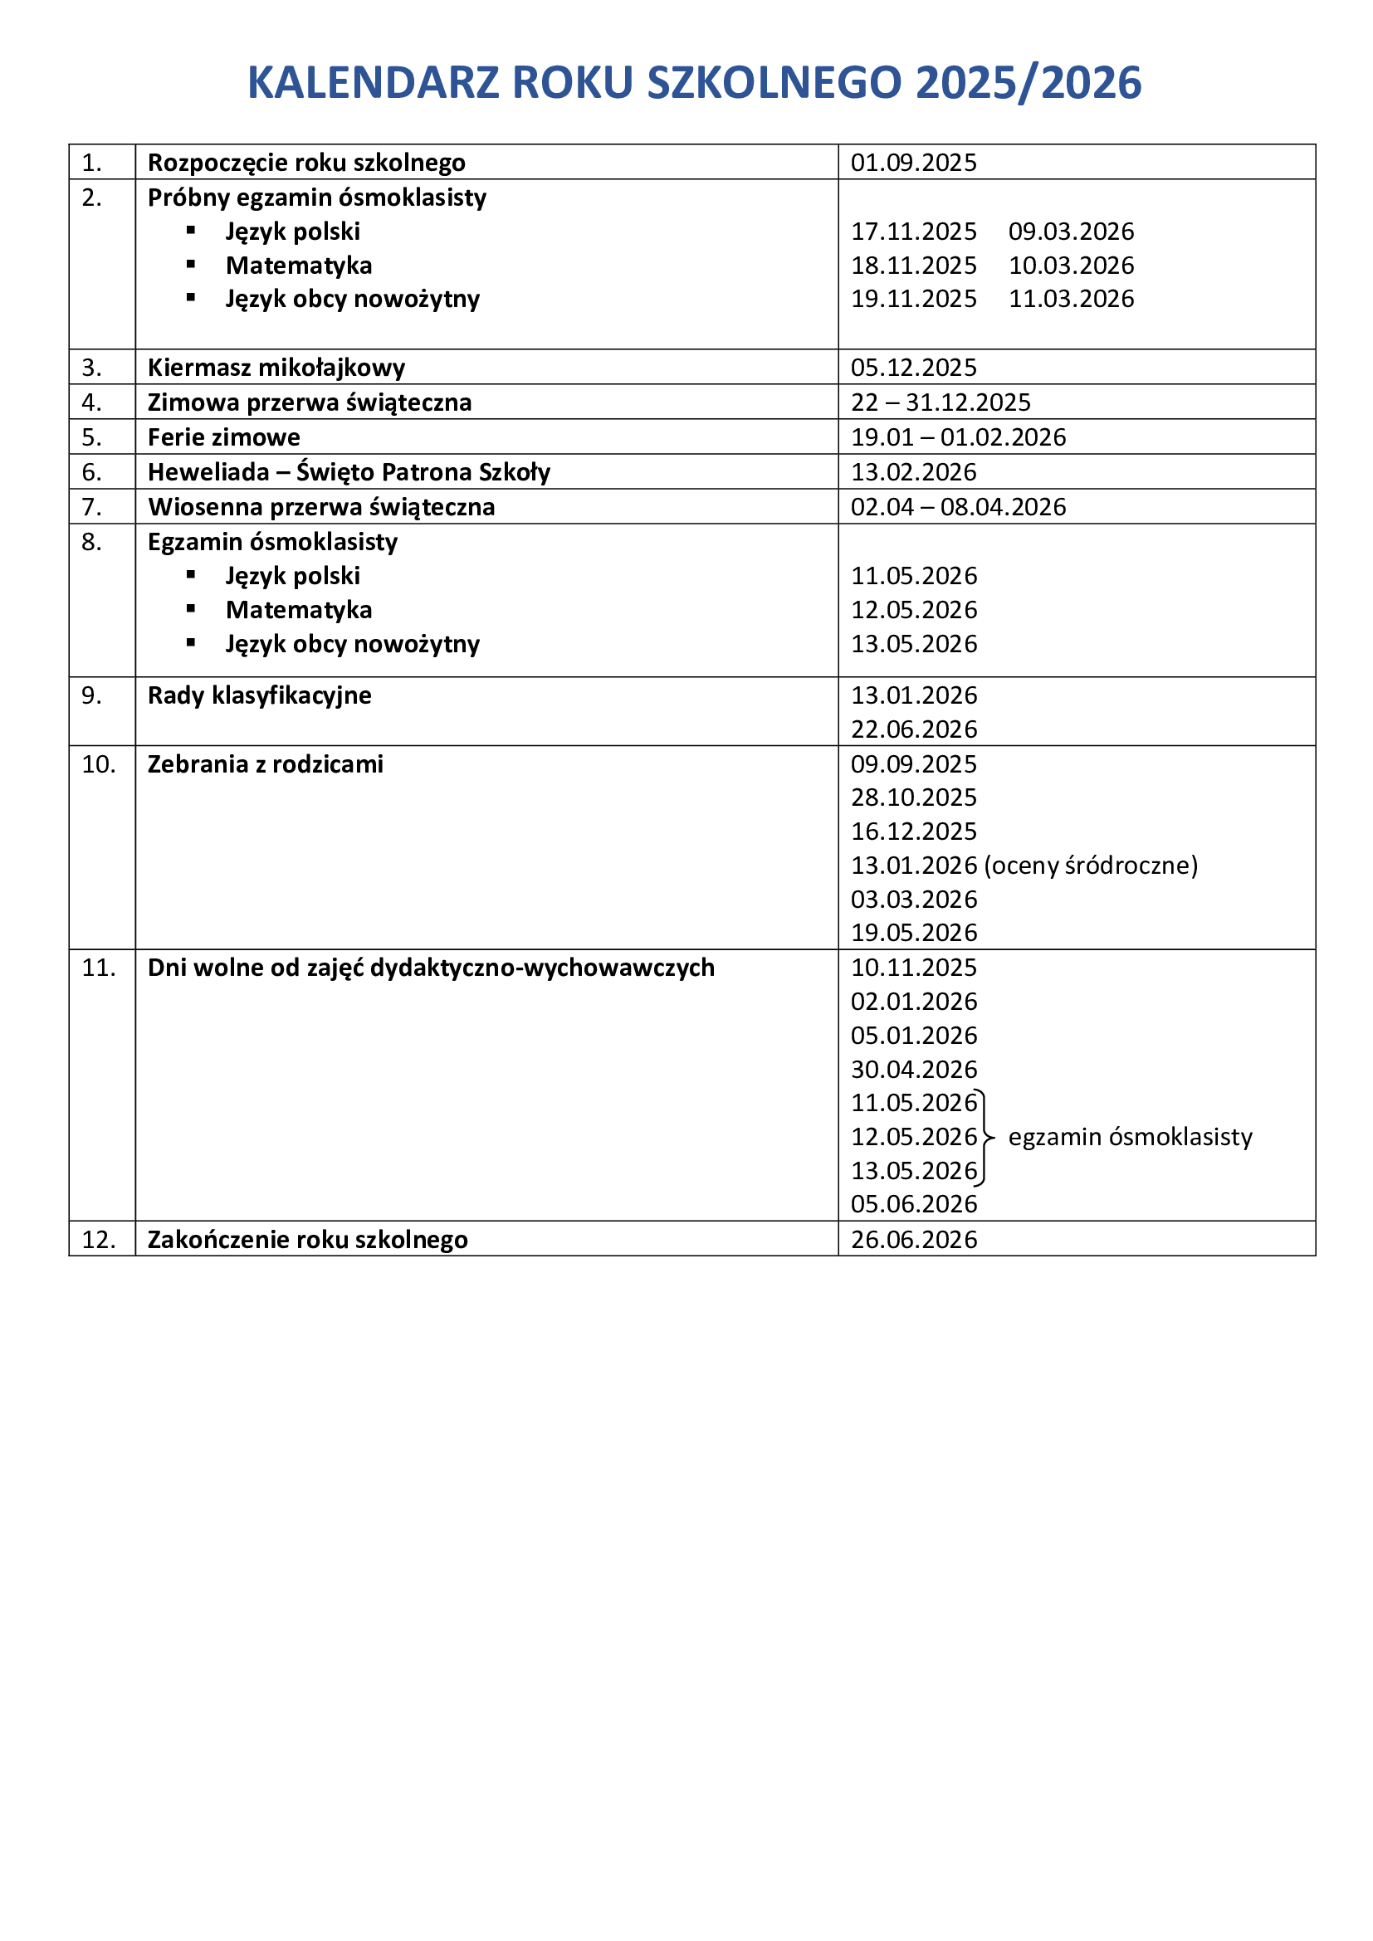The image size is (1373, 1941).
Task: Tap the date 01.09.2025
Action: [x=913, y=163]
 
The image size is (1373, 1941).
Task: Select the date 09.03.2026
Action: [x=1071, y=231]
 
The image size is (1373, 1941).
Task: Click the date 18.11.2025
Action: [x=913, y=266]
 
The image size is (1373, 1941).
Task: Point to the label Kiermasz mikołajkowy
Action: [x=276, y=368]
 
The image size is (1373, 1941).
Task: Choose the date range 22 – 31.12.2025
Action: [x=941, y=402]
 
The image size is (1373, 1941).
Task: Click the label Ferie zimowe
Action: [x=224, y=437]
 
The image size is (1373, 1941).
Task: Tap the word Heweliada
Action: [x=208, y=471]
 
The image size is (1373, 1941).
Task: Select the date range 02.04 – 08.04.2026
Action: [x=958, y=506]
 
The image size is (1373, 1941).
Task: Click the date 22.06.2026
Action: [x=913, y=729]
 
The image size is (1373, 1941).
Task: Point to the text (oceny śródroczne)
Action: [x=1091, y=865]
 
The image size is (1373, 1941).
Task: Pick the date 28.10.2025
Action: [x=913, y=797]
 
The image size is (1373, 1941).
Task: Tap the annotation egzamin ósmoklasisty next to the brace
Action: [x=1130, y=1137]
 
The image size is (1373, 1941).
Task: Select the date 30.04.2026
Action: [x=913, y=1070]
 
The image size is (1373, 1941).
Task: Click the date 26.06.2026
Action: [x=913, y=1239]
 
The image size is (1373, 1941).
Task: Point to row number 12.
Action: [x=98, y=1239]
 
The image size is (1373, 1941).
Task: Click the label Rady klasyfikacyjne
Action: [x=260, y=695]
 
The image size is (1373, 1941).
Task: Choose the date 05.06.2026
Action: [x=913, y=1204]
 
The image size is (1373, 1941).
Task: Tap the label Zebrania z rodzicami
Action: [x=266, y=764]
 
